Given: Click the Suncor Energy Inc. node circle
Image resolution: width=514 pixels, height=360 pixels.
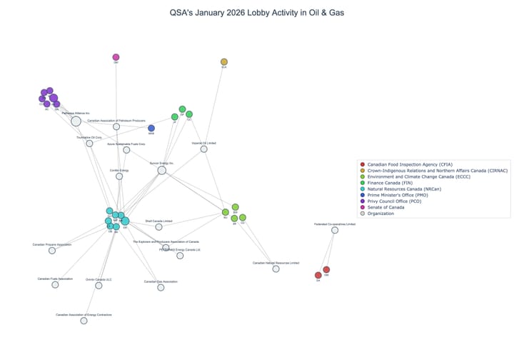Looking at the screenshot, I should pyautogui.click(x=162, y=170).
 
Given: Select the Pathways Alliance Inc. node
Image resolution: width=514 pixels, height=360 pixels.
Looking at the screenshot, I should pyautogui.click(x=76, y=121).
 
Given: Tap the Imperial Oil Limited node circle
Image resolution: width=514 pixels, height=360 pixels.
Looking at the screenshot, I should pyautogui.click(x=204, y=149).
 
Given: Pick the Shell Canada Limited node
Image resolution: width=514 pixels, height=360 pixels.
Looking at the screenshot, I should pyautogui.click(x=158, y=227).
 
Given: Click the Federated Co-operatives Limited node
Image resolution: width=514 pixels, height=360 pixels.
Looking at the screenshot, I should pyautogui.click(x=335, y=230).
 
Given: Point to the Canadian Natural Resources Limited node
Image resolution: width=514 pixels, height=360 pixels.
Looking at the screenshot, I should pyautogui.click(x=276, y=269).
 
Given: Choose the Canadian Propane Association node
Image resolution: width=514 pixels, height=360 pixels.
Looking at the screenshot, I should pyautogui.click(x=52, y=250).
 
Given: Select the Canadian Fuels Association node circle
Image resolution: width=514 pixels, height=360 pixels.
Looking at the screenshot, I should pyautogui.click(x=56, y=284).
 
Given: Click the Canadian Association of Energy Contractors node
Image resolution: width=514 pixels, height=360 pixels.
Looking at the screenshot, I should pyautogui.click(x=84, y=321).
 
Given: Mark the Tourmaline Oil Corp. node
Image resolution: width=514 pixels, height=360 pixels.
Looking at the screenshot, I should pyautogui.click(x=89, y=144).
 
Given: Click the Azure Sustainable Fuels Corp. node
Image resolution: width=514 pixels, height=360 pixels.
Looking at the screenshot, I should pyautogui.click(x=126, y=150).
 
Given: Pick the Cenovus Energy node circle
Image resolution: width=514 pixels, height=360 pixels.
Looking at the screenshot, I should pyautogui.click(x=120, y=176).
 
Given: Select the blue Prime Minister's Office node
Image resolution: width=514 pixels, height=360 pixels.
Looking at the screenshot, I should pyautogui.click(x=151, y=129).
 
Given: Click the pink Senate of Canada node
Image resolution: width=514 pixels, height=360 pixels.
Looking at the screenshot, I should pyautogui.click(x=116, y=57).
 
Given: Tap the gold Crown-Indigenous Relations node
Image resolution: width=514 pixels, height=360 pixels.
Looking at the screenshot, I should pyautogui.click(x=224, y=62).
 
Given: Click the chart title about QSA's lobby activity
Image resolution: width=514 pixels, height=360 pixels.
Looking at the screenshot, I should pyautogui.click(x=257, y=13).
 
